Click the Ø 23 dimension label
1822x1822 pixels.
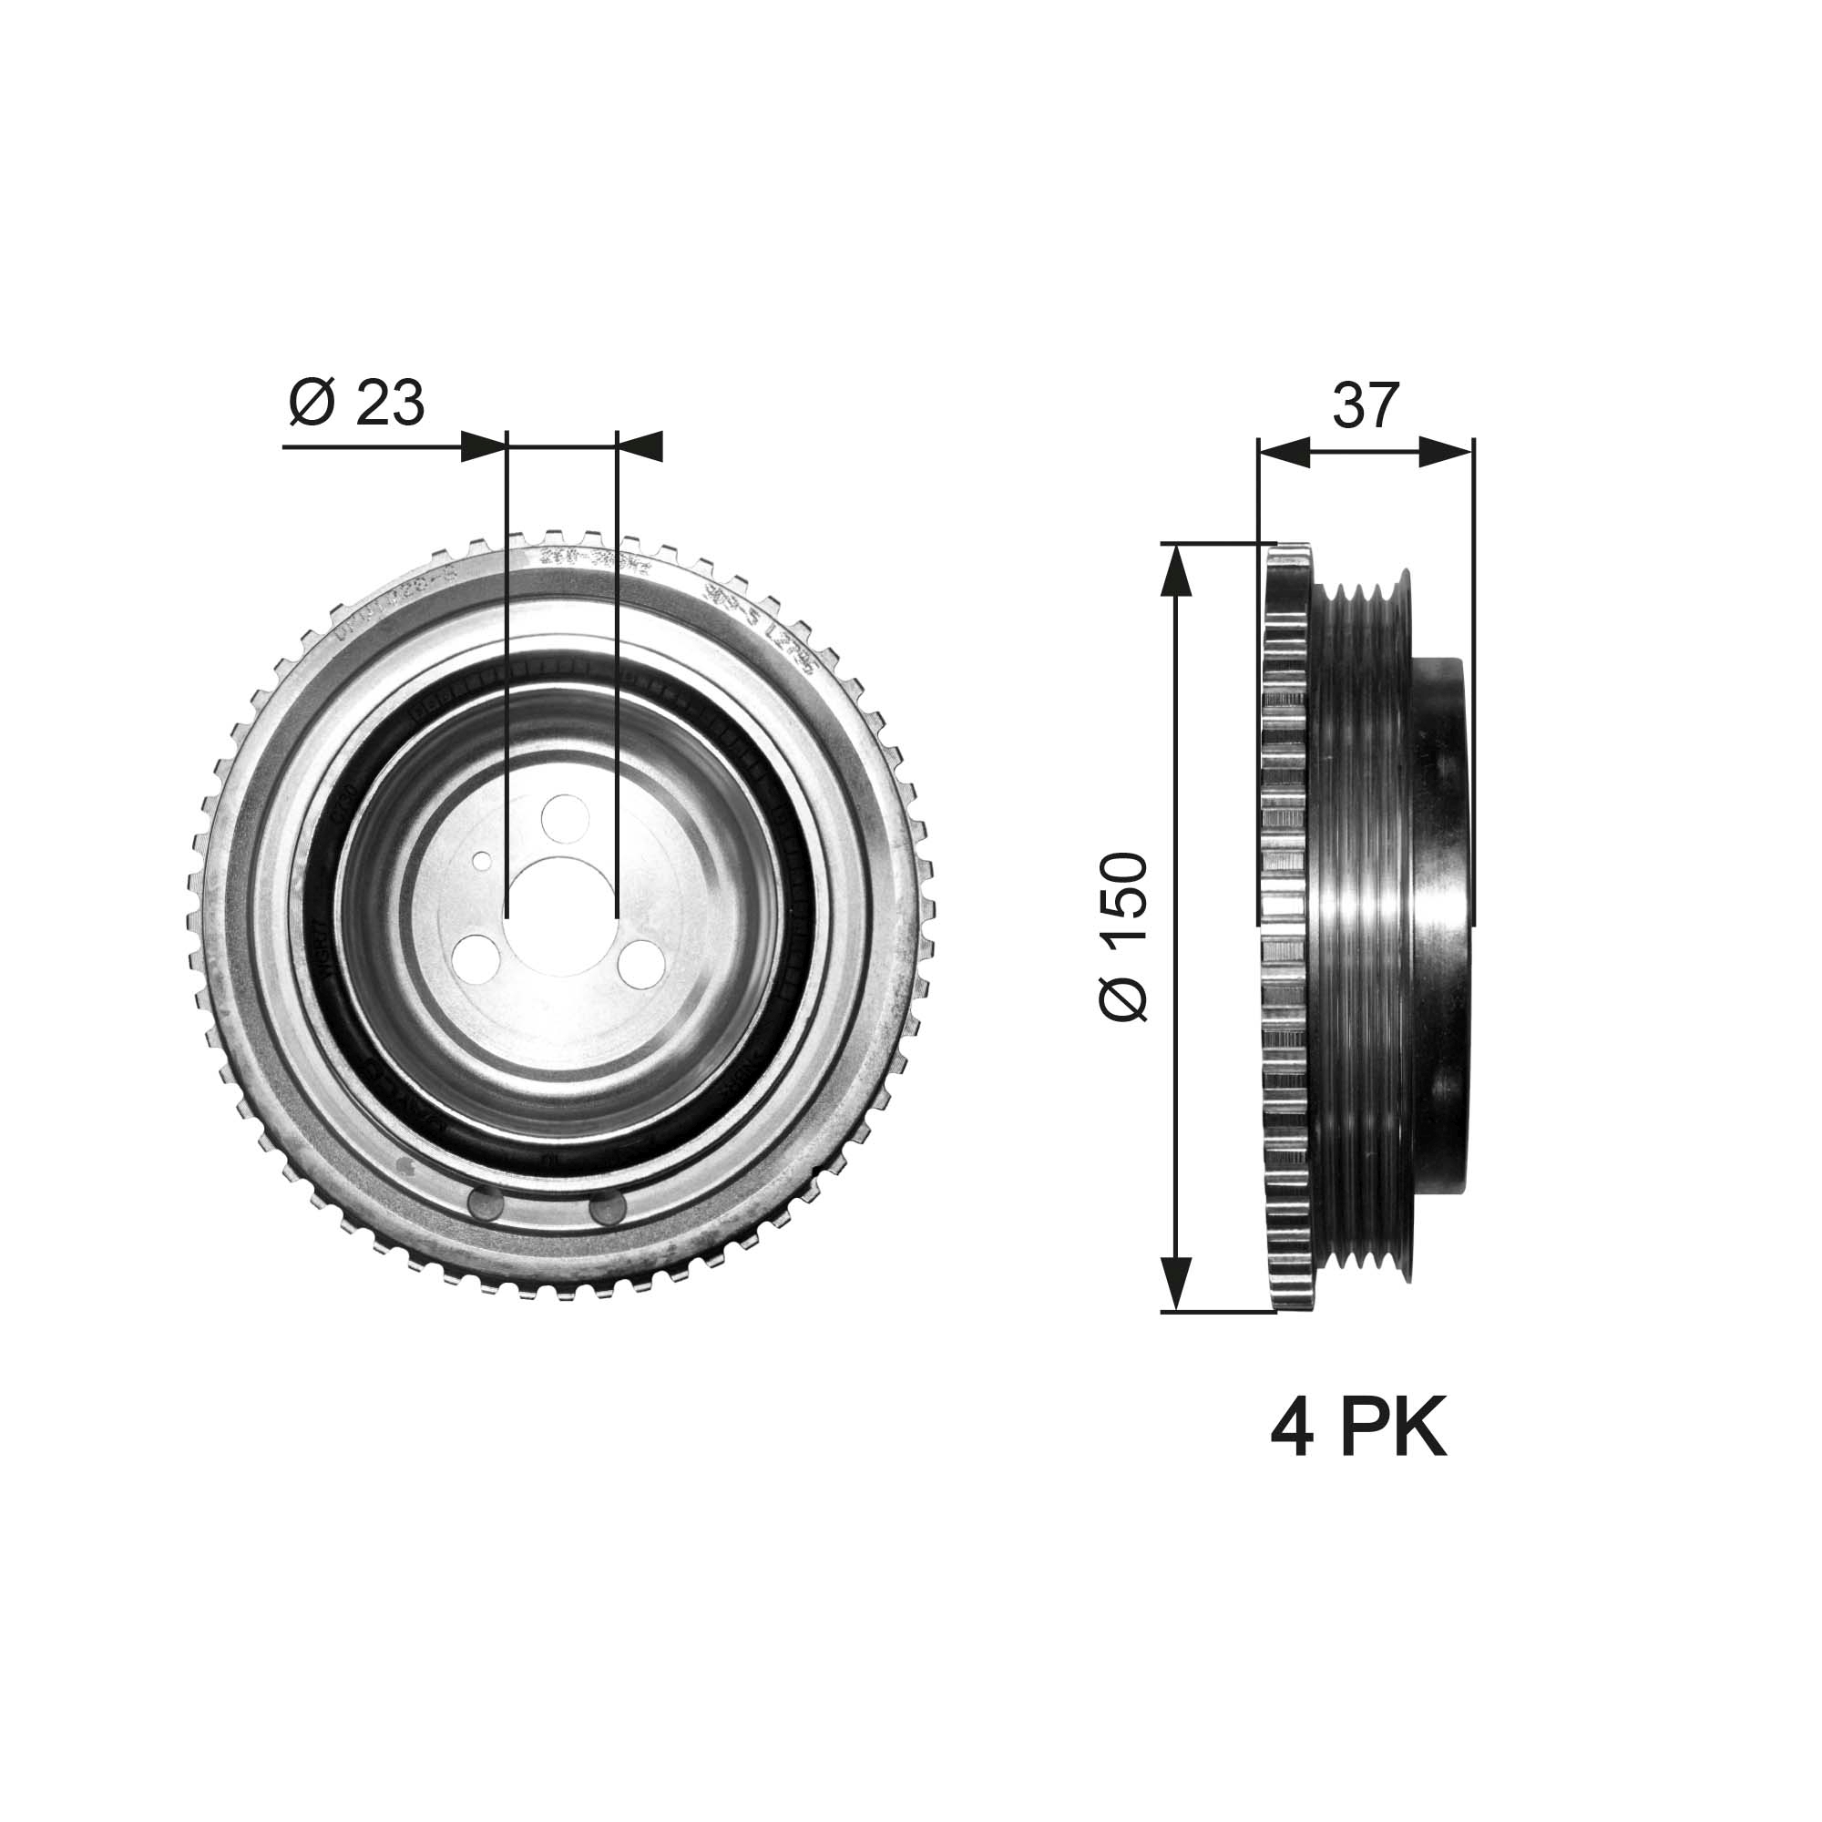[356, 404]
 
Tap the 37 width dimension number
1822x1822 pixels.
[1365, 405]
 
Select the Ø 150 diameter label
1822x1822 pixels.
[1124, 937]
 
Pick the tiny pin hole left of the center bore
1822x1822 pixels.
[482, 860]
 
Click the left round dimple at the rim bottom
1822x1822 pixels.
[486, 1206]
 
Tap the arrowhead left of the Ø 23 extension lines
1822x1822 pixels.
[484, 446]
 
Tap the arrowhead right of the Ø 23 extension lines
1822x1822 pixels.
[640, 446]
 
